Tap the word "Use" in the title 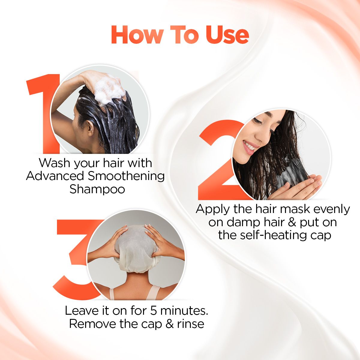(x=227, y=35)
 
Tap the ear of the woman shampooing (x=91, y=127)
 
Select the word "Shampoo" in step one (x=97, y=189)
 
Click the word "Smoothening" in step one (x=126, y=176)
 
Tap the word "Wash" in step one (x=55, y=163)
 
